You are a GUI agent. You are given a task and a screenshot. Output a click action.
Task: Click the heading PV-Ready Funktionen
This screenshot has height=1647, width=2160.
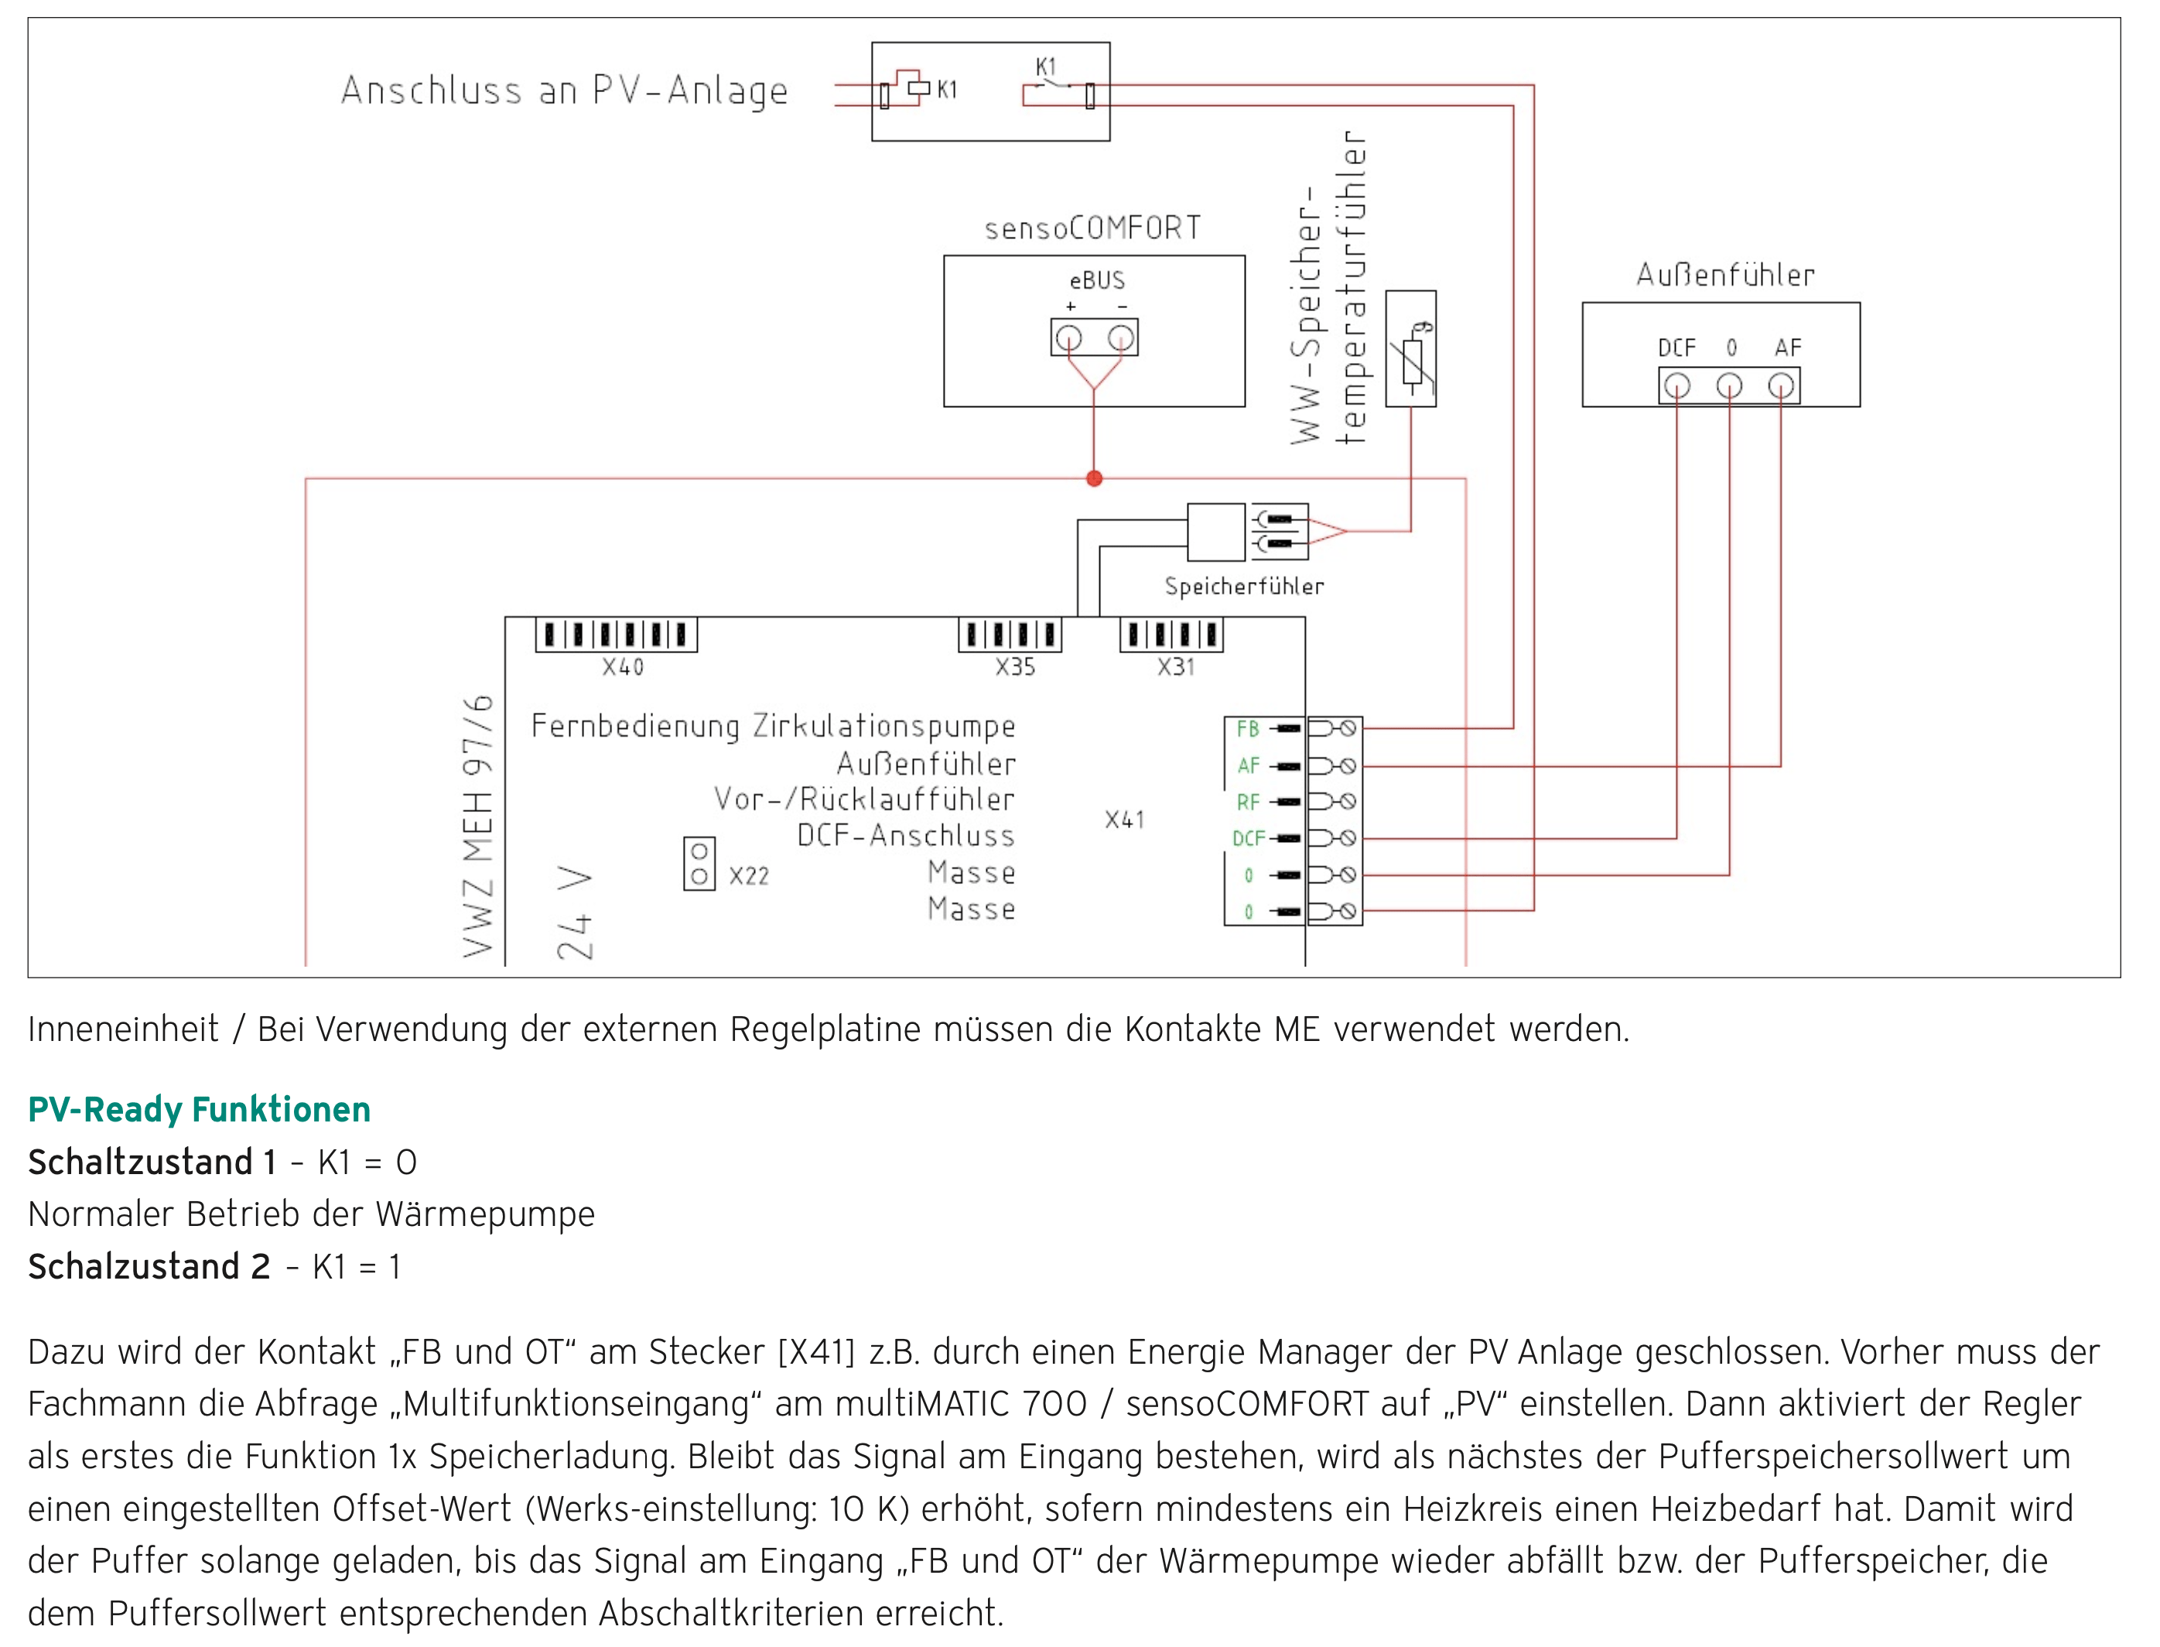(199, 1110)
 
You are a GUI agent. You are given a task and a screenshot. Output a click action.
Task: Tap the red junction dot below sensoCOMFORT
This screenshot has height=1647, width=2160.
(1095, 478)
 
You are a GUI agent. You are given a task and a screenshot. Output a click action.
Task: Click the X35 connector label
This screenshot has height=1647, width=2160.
(1015, 668)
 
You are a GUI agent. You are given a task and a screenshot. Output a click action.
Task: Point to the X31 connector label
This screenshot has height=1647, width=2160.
(1176, 668)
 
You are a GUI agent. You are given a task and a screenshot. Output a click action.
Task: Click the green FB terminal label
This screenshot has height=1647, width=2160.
(1248, 728)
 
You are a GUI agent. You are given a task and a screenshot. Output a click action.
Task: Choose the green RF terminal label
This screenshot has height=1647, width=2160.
(1248, 802)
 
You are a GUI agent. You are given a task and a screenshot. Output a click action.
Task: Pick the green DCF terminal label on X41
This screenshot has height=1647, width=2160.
(1248, 838)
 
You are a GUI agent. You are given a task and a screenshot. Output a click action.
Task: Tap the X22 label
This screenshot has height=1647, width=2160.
(749, 875)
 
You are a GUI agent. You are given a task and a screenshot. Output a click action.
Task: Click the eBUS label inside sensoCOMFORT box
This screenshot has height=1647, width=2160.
(1097, 280)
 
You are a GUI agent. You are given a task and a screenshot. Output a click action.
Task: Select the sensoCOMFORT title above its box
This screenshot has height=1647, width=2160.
(1092, 228)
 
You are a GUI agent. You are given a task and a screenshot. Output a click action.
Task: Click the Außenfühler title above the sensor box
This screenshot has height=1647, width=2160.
(1725, 276)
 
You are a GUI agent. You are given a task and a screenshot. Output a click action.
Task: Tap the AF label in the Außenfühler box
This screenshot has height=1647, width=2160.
(1788, 347)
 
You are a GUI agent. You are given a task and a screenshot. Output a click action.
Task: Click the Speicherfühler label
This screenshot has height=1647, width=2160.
(1244, 586)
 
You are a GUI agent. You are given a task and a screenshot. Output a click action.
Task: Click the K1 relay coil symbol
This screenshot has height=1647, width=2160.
(918, 88)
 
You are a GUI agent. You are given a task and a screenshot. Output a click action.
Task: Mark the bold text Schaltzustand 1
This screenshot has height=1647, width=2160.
(152, 1162)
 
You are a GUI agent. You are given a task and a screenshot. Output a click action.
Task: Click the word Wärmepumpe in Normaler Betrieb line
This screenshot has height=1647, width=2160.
(485, 1214)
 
